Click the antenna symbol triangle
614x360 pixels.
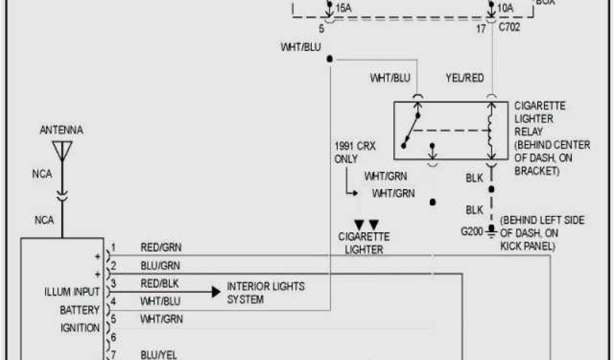[62, 149]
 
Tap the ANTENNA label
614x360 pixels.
[61, 130]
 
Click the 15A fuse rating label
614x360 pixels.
[344, 8]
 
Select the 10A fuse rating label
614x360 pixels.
[505, 8]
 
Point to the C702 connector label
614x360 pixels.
[510, 28]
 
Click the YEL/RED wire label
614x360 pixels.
[465, 78]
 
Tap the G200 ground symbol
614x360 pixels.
[491, 230]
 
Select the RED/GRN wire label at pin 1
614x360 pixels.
[161, 247]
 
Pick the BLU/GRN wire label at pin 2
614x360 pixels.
[160, 265]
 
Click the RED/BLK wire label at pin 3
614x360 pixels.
[159, 283]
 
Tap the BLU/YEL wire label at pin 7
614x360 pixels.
[159, 355]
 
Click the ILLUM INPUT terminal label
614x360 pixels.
[71, 292]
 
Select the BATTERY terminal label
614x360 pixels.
[79, 310]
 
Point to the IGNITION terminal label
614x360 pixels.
[80, 328]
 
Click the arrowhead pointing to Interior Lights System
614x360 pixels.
[215, 292]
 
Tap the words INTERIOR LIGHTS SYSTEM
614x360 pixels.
[265, 292]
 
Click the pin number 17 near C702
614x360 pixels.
[481, 28]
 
